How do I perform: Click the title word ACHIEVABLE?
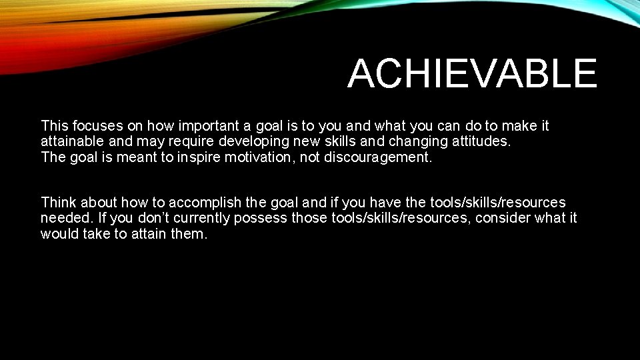[x=472, y=73]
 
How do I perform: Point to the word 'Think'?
[x=60, y=202]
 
